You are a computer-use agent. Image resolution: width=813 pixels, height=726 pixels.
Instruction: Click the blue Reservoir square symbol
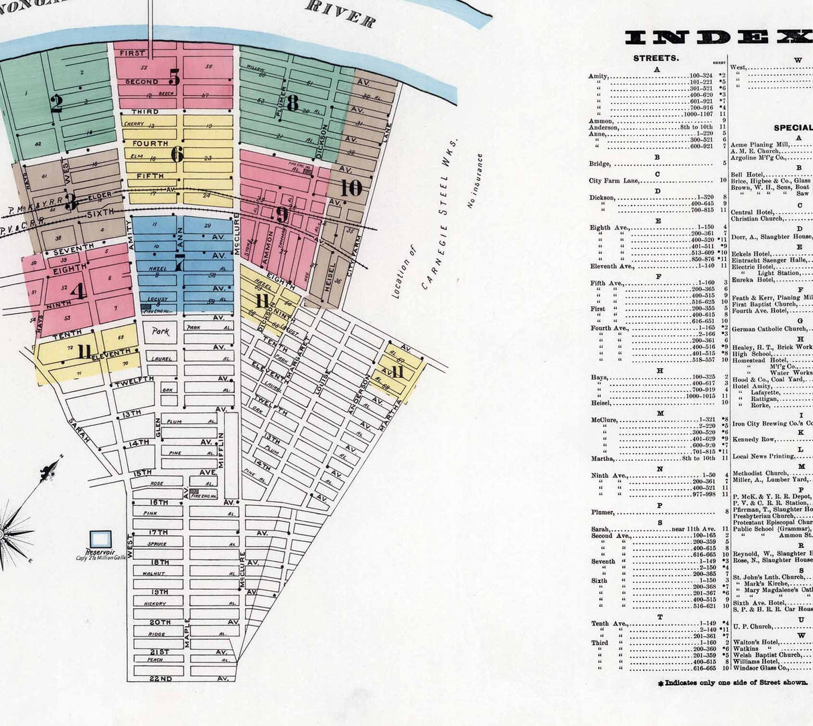coord(101,539)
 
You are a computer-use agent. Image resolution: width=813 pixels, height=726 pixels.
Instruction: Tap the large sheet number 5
coord(174,78)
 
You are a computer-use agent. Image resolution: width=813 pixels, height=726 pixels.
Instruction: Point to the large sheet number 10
coord(350,188)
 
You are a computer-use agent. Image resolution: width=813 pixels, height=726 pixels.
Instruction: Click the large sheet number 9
coord(282,215)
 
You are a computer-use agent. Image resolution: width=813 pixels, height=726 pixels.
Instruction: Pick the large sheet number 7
coord(179,263)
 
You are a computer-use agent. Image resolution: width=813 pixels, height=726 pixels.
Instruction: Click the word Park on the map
coord(161,331)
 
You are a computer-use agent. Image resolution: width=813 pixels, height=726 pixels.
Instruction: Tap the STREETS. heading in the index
coord(656,58)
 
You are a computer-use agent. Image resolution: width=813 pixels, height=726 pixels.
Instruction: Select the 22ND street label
coord(160,678)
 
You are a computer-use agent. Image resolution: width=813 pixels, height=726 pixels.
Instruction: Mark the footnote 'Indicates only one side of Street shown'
coord(733,683)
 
